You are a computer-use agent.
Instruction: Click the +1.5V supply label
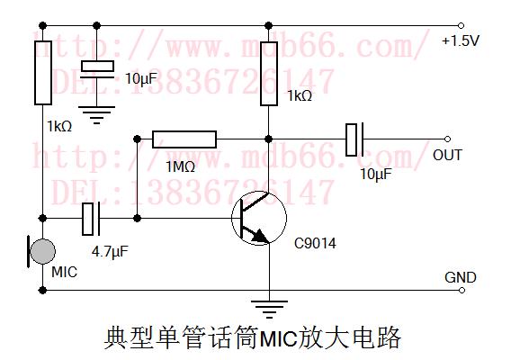pyautogui.click(x=460, y=40)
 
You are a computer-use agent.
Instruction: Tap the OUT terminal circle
pyautogui.click(x=447, y=139)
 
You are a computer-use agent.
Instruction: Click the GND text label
pyautogui.click(x=460, y=277)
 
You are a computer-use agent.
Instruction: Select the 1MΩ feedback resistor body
pyautogui.click(x=184, y=139)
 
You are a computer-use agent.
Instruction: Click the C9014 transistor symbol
pyautogui.click(x=259, y=218)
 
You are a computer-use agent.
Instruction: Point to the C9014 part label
pyautogui.click(x=315, y=243)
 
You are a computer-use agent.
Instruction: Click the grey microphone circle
pyautogui.click(x=42, y=251)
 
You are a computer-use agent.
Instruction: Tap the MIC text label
pyautogui.click(x=65, y=272)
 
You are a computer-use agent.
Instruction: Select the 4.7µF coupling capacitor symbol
pyautogui.click(x=91, y=219)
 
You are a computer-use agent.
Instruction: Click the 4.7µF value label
pyautogui.click(x=110, y=252)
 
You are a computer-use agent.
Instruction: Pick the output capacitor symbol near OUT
pyautogui.click(x=354, y=139)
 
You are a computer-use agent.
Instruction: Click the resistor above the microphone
pyautogui.click(x=43, y=73)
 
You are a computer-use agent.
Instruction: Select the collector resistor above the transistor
pyautogui.click(x=269, y=74)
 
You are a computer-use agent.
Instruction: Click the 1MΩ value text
pyautogui.click(x=180, y=166)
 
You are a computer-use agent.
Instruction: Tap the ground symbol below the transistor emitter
pyautogui.click(x=269, y=309)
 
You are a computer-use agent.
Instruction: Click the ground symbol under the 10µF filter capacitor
pyautogui.click(x=96, y=115)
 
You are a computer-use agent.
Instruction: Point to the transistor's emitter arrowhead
pyautogui.click(x=262, y=236)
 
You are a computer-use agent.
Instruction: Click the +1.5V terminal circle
pyautogui.click(x=461, y=25)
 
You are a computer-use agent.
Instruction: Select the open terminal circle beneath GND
pyautogui.click(x=462, y=290)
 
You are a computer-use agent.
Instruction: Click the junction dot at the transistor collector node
pyautogui.click(x=268, y=139)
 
